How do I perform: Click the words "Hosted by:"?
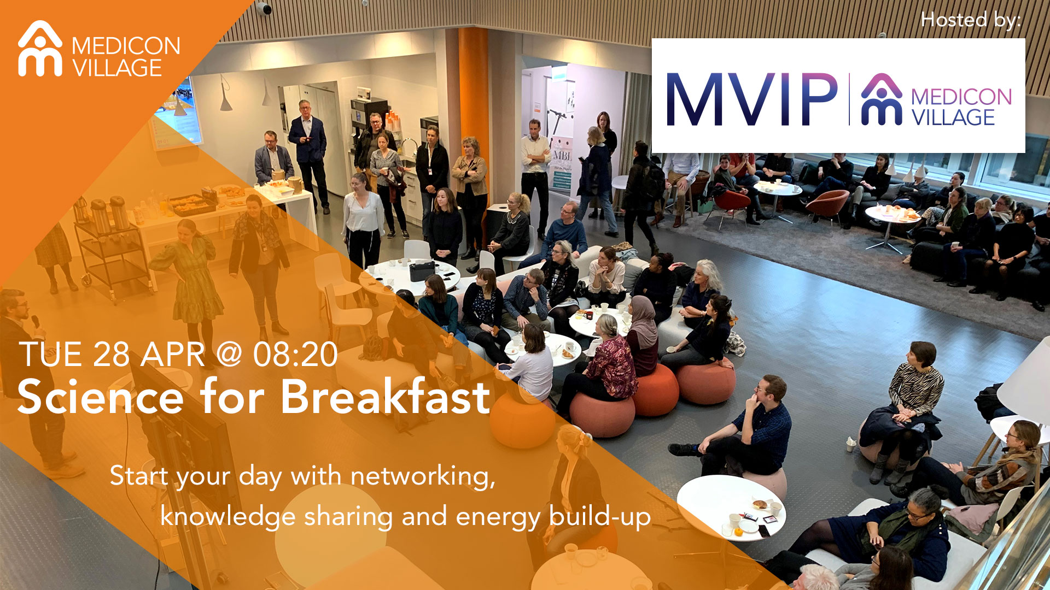click(x=971, y=20)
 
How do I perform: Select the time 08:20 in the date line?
click(x=295, y=355)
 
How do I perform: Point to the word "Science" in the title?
click(x=101, y=397)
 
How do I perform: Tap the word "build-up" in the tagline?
click(x=600, y=517)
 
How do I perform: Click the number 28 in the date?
click(x=111, y=355)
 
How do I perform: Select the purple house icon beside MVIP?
click(x=881, y=99)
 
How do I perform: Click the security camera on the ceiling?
click(x=263, y=8)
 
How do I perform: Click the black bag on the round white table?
click(x=422, y=270)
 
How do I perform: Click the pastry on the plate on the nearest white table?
click(x=759, y=504)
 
